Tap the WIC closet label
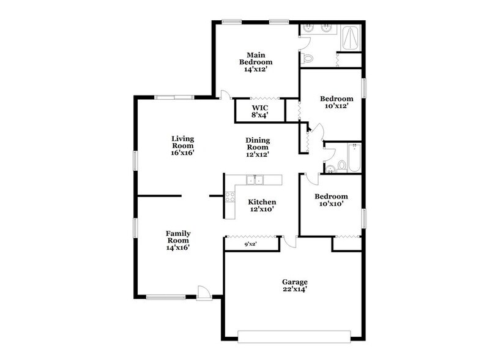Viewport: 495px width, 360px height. [259, 111]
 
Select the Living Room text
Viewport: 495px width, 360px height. [182, 146]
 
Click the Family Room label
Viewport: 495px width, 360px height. [178, 241]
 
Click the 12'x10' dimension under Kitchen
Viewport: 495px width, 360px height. [261, 209]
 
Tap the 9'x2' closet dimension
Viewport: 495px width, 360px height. [250, 244]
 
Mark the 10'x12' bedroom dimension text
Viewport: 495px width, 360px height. [337, 106]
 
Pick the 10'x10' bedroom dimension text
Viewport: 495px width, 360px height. [331, 204]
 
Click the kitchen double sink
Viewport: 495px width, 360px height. [255, 180]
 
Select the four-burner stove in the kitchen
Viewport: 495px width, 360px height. [230, 197]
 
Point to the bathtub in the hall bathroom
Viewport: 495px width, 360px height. [354, 158]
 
